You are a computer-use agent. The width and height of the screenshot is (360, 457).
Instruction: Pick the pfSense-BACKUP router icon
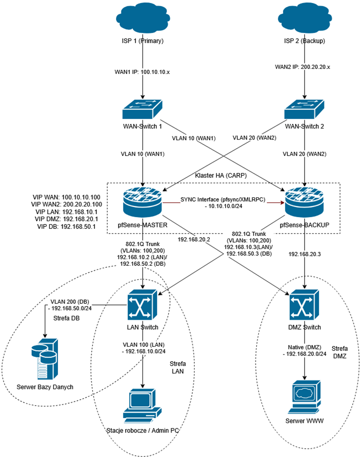[x=304, y=202]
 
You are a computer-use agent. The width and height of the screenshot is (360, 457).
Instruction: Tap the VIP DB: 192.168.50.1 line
[x=66, y=226]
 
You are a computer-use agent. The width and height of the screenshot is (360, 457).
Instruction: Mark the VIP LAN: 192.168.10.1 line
[x=66, y=211]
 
